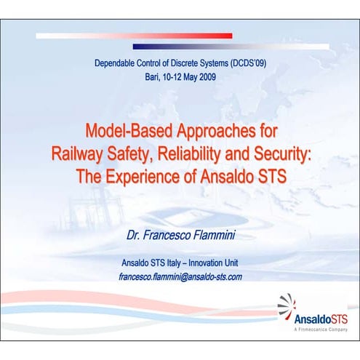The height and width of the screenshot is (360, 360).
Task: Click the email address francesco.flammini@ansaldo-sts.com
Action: point(180,276)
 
